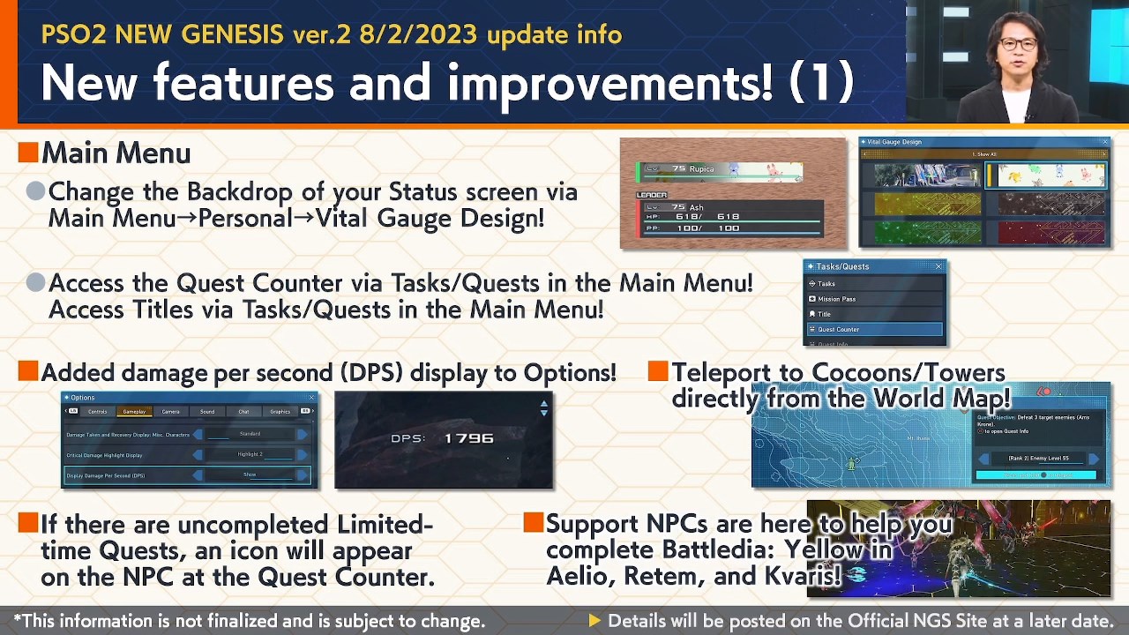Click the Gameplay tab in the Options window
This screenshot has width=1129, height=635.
click(x=134, y=412)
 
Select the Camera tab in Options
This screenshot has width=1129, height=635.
click(x=170, y=412)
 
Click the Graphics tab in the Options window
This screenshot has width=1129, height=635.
click(x=280, y=412)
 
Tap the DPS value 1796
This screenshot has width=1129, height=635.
click(x=468, y=438)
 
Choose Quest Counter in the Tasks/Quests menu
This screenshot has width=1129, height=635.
click(x=873, y=329)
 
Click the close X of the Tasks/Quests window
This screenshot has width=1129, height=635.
click(x=938, y=266)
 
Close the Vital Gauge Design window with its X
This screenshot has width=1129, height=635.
click(x=1104, y=142)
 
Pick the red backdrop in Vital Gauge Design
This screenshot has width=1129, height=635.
click(x=1046, y=233)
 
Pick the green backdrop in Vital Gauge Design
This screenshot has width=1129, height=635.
click(x=927, y=233)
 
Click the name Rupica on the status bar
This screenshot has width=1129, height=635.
click(x=701, y=169)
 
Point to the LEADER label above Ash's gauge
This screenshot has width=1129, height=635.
click(x=652, y=195)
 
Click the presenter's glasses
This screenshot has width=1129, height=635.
click(x=1018, y=44)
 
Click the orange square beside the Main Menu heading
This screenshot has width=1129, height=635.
click(x=27, y=153)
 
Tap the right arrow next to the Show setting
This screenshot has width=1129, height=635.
click(x=303, y=475)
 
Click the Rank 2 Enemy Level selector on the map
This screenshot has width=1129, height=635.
click(x=1038, y=459)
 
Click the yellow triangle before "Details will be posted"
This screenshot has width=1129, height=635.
click(x=594, y=621)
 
